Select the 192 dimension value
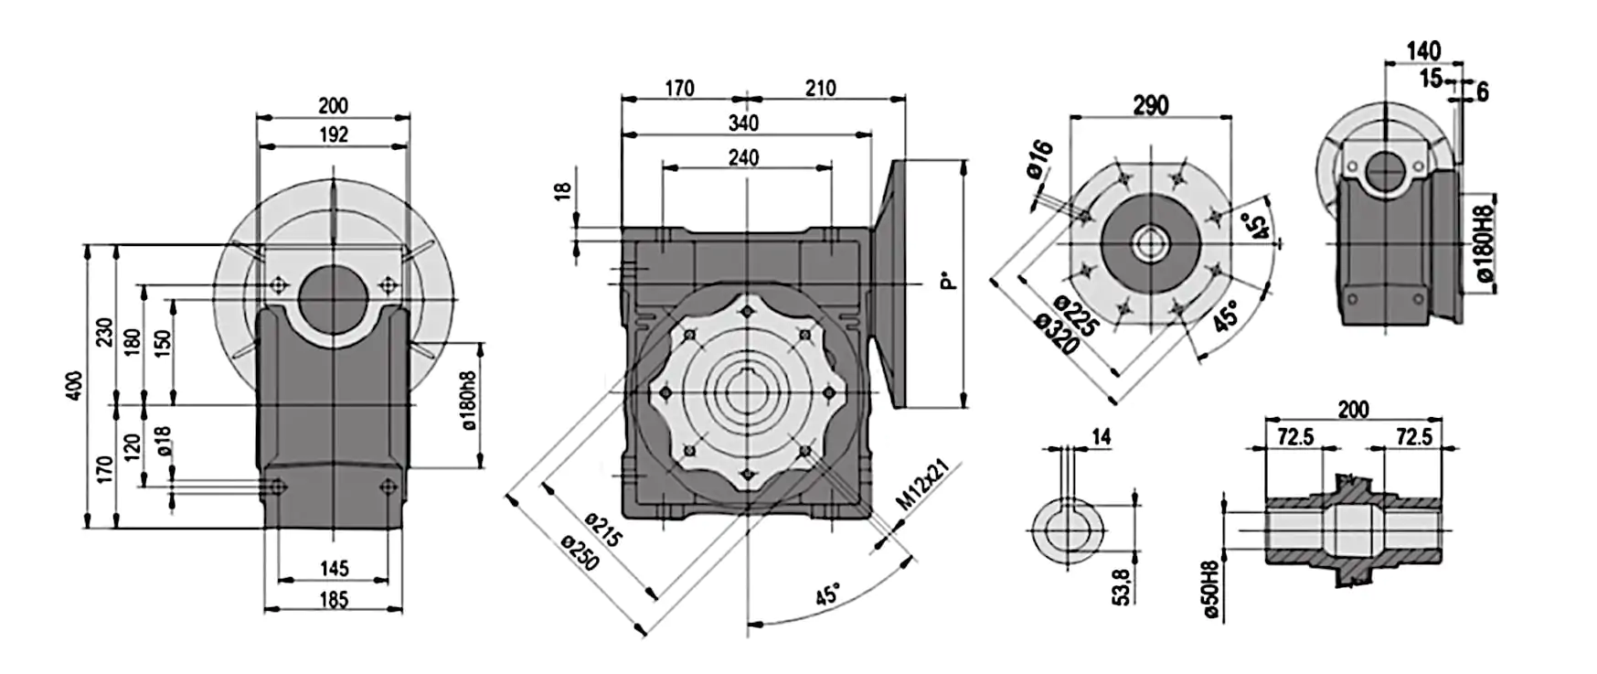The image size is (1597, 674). click(x=334, y=134)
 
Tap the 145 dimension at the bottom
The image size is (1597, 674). click(x=334, y=568)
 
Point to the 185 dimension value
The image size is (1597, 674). click(x=334, y=599)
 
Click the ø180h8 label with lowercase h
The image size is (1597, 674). click(x=468, y=401)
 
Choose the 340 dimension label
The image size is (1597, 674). click(x=743, y=123)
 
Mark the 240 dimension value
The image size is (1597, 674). click(x=743, y=157)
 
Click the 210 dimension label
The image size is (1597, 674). click(x=820, y=88)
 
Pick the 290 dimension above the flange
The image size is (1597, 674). click(x=1150, y=105)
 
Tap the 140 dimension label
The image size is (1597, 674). click(x=1423, y=50)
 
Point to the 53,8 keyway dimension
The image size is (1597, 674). click(x=1122, y=585)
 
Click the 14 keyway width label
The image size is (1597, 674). click(x=1101, y=437)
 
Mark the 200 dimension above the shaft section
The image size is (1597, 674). click(x=1353, y=409)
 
